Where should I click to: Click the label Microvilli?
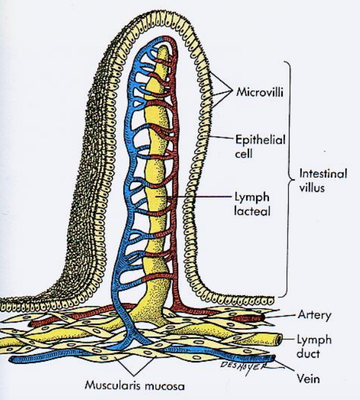[260, 92]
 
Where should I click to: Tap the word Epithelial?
[260, 140]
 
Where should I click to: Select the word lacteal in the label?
[252, 211]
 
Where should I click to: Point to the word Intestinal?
[323, 174]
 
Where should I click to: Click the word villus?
[312, 188]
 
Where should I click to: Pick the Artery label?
[314, 316]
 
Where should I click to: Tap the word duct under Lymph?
[308, 354]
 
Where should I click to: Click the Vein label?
[308, 378]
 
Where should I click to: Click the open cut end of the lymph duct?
[280, 339]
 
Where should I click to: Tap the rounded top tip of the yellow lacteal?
[163, 47]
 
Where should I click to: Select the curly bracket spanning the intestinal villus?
[289, 179]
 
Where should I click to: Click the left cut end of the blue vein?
[11, 360]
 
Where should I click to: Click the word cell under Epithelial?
[244, 154]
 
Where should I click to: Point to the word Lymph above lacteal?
[252, 198]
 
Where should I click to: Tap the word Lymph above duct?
[314, 341]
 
